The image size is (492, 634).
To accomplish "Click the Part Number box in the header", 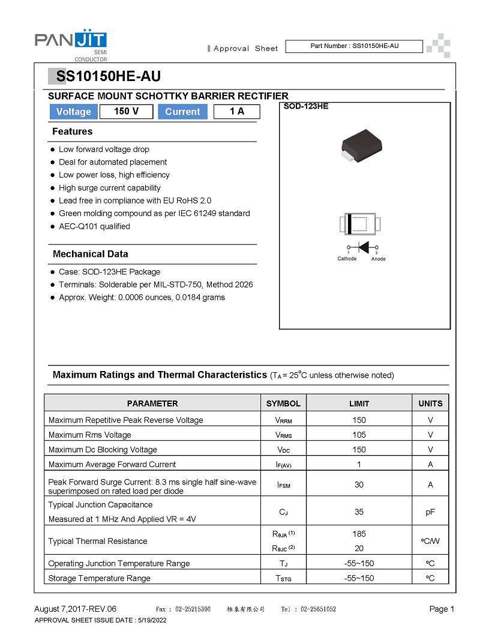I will (354, 46).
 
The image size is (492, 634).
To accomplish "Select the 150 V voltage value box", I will (125, 112).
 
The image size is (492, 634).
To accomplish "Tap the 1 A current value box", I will (236, 112).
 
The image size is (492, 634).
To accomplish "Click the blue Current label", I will (182, 112).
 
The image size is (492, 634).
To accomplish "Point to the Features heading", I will (73, 131).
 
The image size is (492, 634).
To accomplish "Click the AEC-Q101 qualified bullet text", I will (94, 226).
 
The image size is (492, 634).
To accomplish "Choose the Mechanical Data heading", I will (90, 254).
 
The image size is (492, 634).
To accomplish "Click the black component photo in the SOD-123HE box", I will (361, 146).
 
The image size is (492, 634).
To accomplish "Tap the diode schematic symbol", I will (362, 247).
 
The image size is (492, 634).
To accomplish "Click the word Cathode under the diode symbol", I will (347, 259).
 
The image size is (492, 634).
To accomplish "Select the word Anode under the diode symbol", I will (379, 259).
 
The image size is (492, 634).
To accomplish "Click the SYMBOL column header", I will (283, 403).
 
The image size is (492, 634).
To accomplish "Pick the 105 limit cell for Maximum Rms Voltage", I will (359, 435).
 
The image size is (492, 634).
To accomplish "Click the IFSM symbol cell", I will (283, 485).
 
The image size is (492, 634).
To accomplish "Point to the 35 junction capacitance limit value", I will (359, 512).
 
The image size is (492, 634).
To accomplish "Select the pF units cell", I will (430, 512).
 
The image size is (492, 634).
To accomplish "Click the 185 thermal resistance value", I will (359, 534).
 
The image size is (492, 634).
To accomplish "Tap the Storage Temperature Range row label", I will (99, 578).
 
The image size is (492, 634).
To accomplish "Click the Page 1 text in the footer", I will (442, 609).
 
